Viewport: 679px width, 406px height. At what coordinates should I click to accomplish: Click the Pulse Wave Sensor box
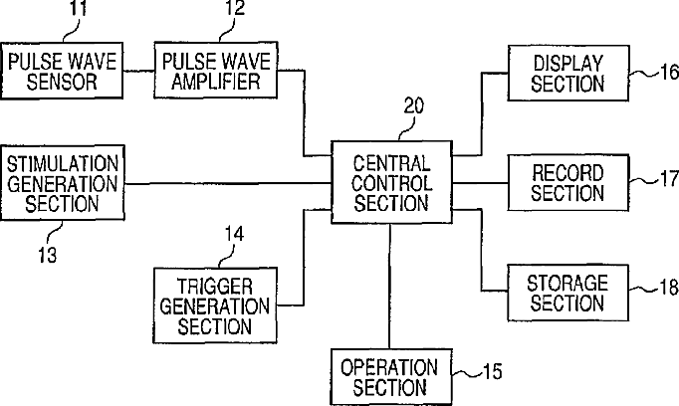[62, 71]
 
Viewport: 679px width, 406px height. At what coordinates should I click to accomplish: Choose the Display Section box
[567, 73]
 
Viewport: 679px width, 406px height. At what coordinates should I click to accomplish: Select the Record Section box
[567, 182]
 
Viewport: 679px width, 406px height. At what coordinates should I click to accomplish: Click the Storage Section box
[567, 292]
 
